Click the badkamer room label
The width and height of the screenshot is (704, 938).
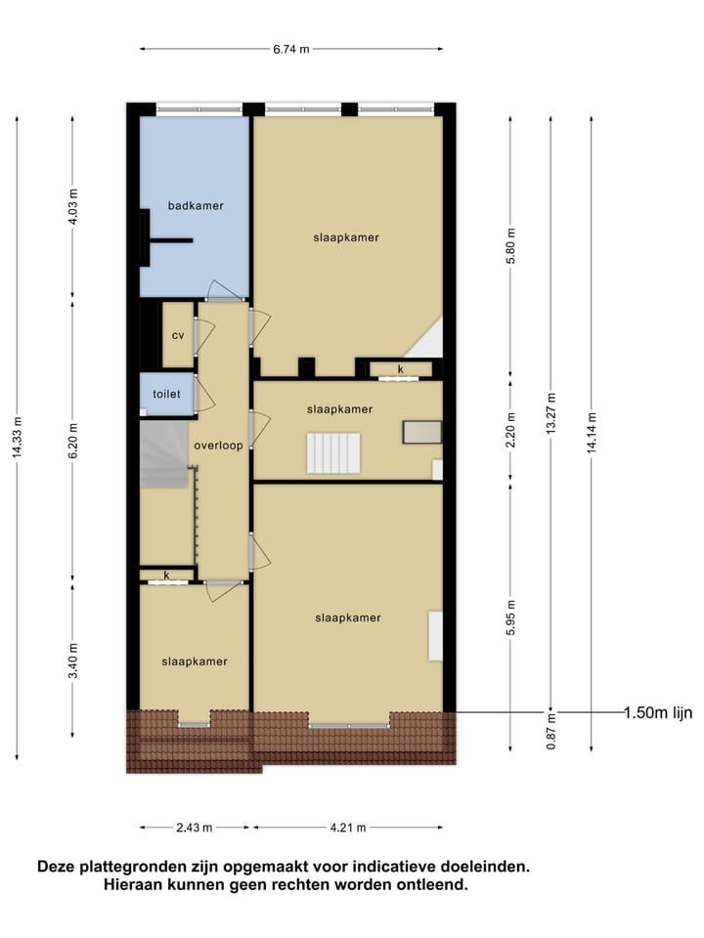[196, 205]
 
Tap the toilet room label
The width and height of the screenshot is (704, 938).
[166, 394]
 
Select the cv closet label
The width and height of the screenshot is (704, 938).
[178, 335]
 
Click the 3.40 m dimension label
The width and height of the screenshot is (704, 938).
[74, 657]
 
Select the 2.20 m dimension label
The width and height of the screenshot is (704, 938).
[510, 430]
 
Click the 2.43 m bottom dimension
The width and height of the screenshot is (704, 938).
[196, 828]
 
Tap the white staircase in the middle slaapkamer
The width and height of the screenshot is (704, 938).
[334, 453]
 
